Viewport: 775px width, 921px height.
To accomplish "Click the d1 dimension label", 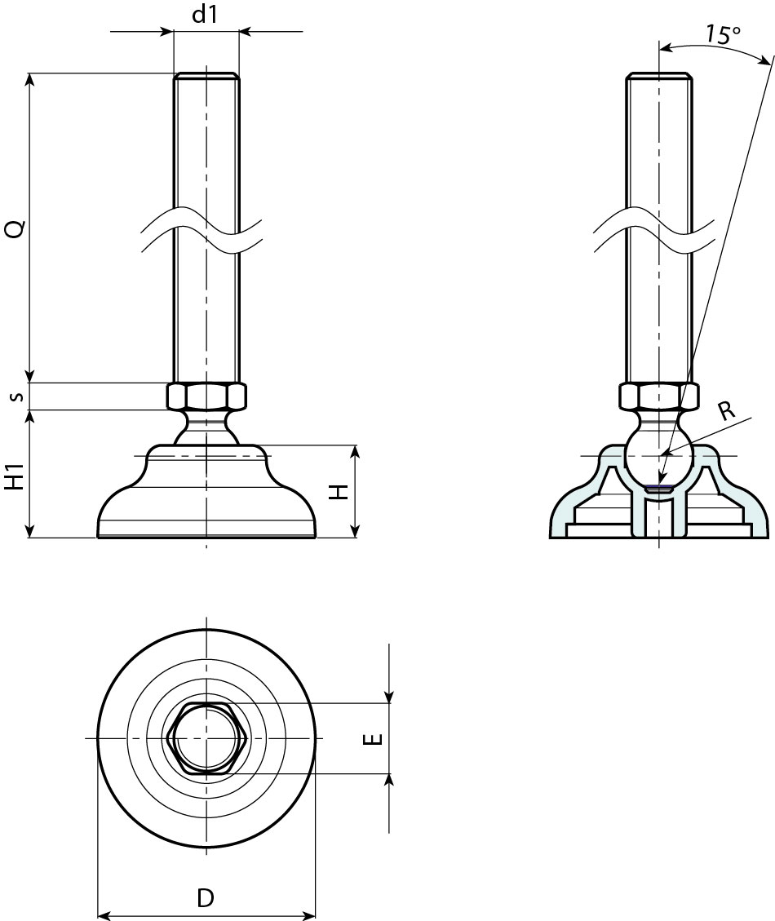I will point(206,16).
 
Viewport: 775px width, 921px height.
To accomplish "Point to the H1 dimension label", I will point(15,473).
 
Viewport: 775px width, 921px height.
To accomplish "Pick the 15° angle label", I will point(723,34).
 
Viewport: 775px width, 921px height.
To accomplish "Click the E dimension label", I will point(371,739).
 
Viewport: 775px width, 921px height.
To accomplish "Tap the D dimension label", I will point(206,898).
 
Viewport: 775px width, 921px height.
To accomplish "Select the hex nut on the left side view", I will point(206,396).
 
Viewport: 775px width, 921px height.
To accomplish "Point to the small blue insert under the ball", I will point(658,489).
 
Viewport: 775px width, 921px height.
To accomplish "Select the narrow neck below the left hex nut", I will point(206,423).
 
